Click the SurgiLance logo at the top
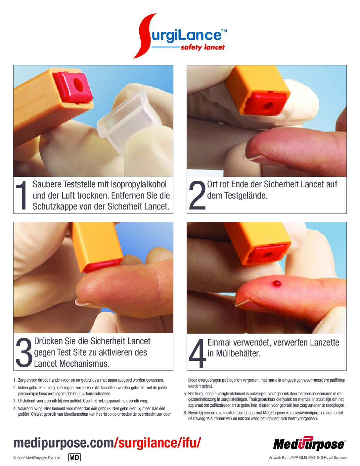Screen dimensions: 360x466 click(180, 36)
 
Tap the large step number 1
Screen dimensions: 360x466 click(22, 195)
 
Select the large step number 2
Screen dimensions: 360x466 click(197, 195)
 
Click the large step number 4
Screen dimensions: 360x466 click(198, 352)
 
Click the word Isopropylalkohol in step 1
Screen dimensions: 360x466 click(139, 184)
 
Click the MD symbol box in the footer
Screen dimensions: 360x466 click(74, 457)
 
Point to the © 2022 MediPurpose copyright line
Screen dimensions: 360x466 click(37, 458)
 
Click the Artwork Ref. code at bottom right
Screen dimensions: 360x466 click(308, 457)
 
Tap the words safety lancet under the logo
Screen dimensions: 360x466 click(202, 47)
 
